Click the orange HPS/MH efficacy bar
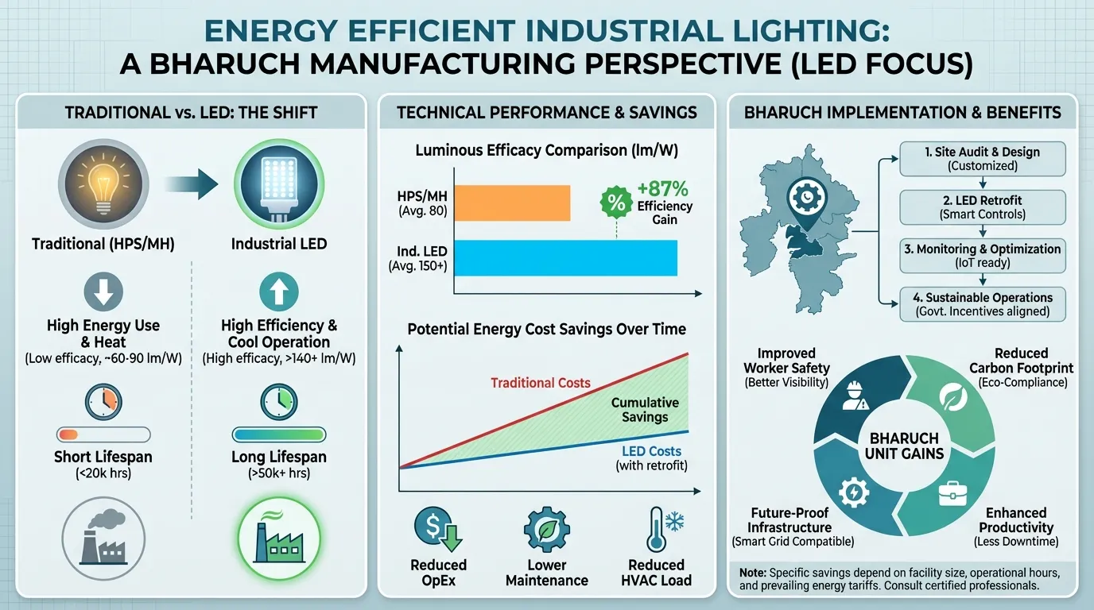click(x=512, y=203)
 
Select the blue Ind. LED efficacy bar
click(x=565, y=258)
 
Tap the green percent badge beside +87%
click(x=616, y=202)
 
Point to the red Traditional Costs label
click(x=540, y=383)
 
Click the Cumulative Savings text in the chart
click(x=645, y=410)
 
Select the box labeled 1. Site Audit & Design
click(x=982, y=159)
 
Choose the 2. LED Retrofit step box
click(x=982, y=207)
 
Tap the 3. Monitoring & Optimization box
click(x=982, y=256)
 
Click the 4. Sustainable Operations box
click(x=982, y=304)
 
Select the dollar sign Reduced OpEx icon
click(x=438, y=529)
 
